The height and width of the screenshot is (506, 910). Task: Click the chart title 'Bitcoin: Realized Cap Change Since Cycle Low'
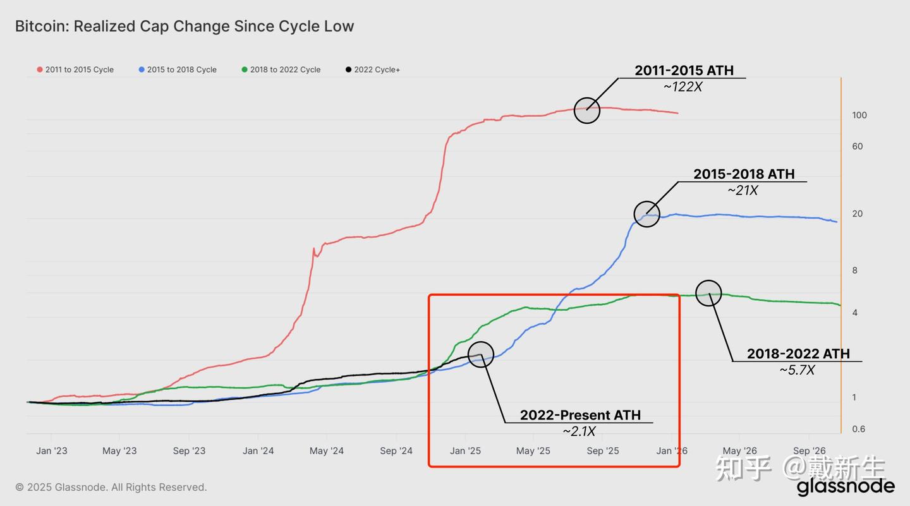coord(184,27)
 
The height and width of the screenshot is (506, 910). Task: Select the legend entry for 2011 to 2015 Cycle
coord(76,69)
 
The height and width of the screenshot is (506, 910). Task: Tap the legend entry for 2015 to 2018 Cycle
coord(178,69)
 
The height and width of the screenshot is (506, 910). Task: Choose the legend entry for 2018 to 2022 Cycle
coord(281,69)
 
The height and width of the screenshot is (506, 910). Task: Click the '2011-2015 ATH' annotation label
coord(684,71)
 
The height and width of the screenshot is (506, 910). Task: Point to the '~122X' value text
coord(682,87)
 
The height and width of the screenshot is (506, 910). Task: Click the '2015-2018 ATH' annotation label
coord(744,174)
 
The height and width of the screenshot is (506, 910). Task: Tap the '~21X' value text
coord(742,190)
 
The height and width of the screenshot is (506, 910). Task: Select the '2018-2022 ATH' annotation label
coord(798,354)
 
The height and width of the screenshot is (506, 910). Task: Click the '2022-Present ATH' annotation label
coord(580,415)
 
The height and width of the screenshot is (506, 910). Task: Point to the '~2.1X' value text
coord(579,431)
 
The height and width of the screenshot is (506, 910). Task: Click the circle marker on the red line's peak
coord(587,111)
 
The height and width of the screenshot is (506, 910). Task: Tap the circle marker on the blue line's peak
coord(646,215)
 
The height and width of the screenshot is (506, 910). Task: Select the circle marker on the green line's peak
coord(708,293)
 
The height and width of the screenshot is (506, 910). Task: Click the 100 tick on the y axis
coord(859,115)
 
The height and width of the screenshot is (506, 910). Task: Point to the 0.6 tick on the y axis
coord(859,429)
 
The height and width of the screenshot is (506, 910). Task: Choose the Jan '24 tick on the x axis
coord(258,450)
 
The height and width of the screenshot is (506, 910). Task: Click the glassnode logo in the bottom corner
coord(845,486)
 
